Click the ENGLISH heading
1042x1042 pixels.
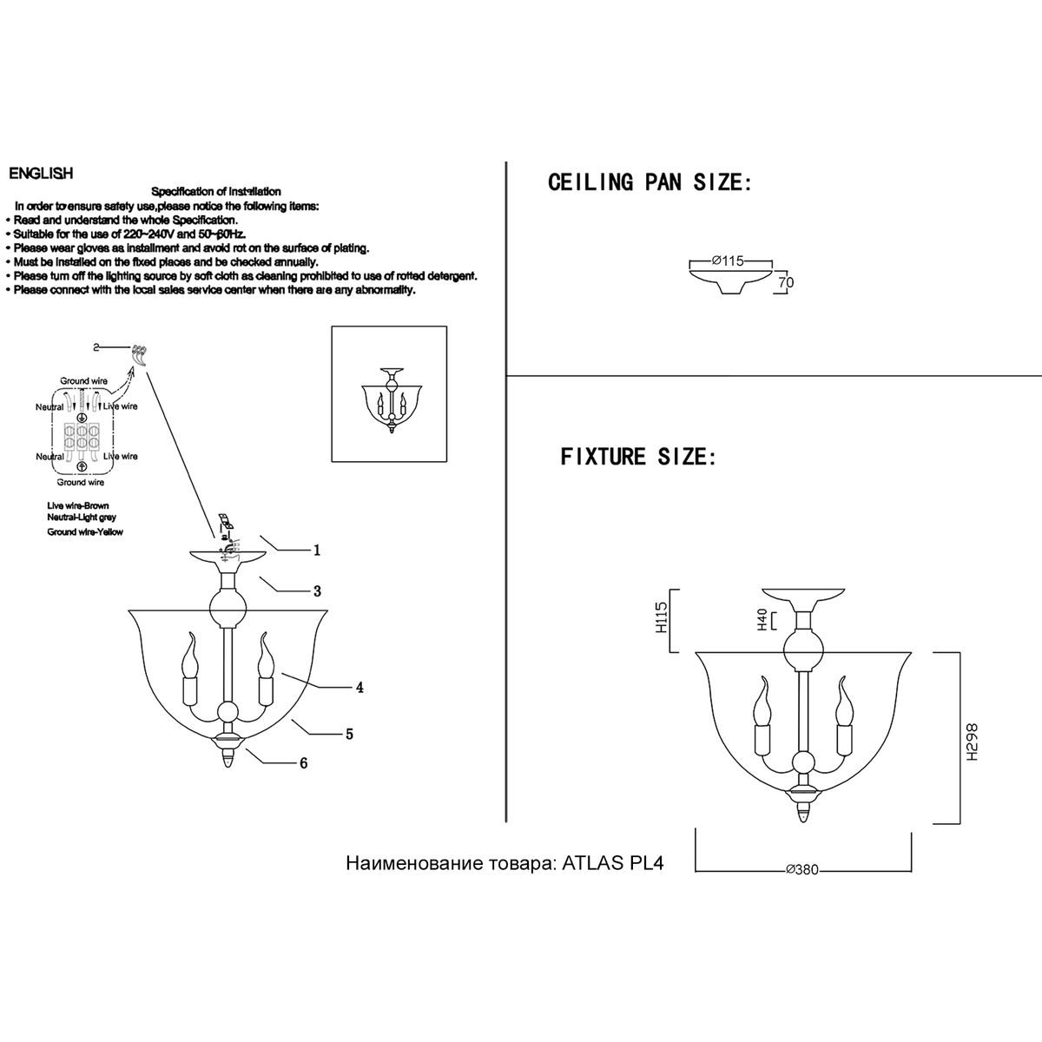pyautogui.click(x=41, y=174)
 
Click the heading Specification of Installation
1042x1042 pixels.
pyautogui.click(x=215, y=191)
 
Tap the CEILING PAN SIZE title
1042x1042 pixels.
pyautogui.click(x=650, y=182)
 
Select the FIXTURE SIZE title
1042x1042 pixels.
pyautogui.click(x=638, y=457)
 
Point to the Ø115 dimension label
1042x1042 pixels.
pyautogui.click(x=728, y=261)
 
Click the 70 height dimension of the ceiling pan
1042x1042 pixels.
pyautogui.click(x=786, y=283)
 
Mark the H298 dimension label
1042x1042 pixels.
pyautogui.click(x=973, y=742)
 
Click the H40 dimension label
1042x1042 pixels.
pyautogui.click(x=762, y=620)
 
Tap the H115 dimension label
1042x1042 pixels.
pyautogui.click(x=662, y=617)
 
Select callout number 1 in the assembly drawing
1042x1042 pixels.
pyautogui.click(x=317, y=550)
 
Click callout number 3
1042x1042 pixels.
pyautogui.click(x=318, y=591)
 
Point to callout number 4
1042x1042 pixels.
pyautogui.click(x=359, y=687)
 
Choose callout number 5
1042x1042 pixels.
pyautogui.click(x=349, y=734)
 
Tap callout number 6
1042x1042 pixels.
pyautogui.click(x=303, y=763)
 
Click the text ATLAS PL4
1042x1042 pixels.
pyautogui.click(x=613, y=863)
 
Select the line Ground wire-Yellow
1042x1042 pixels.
pyautogui.click(x=85, y=532)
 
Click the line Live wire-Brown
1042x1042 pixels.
pyautogui.click(x=78, y=505)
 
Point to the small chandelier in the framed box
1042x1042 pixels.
pyautogui.click(x=392, y=400)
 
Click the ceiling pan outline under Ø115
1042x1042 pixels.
pyautogui.click(x=730, y=281)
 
